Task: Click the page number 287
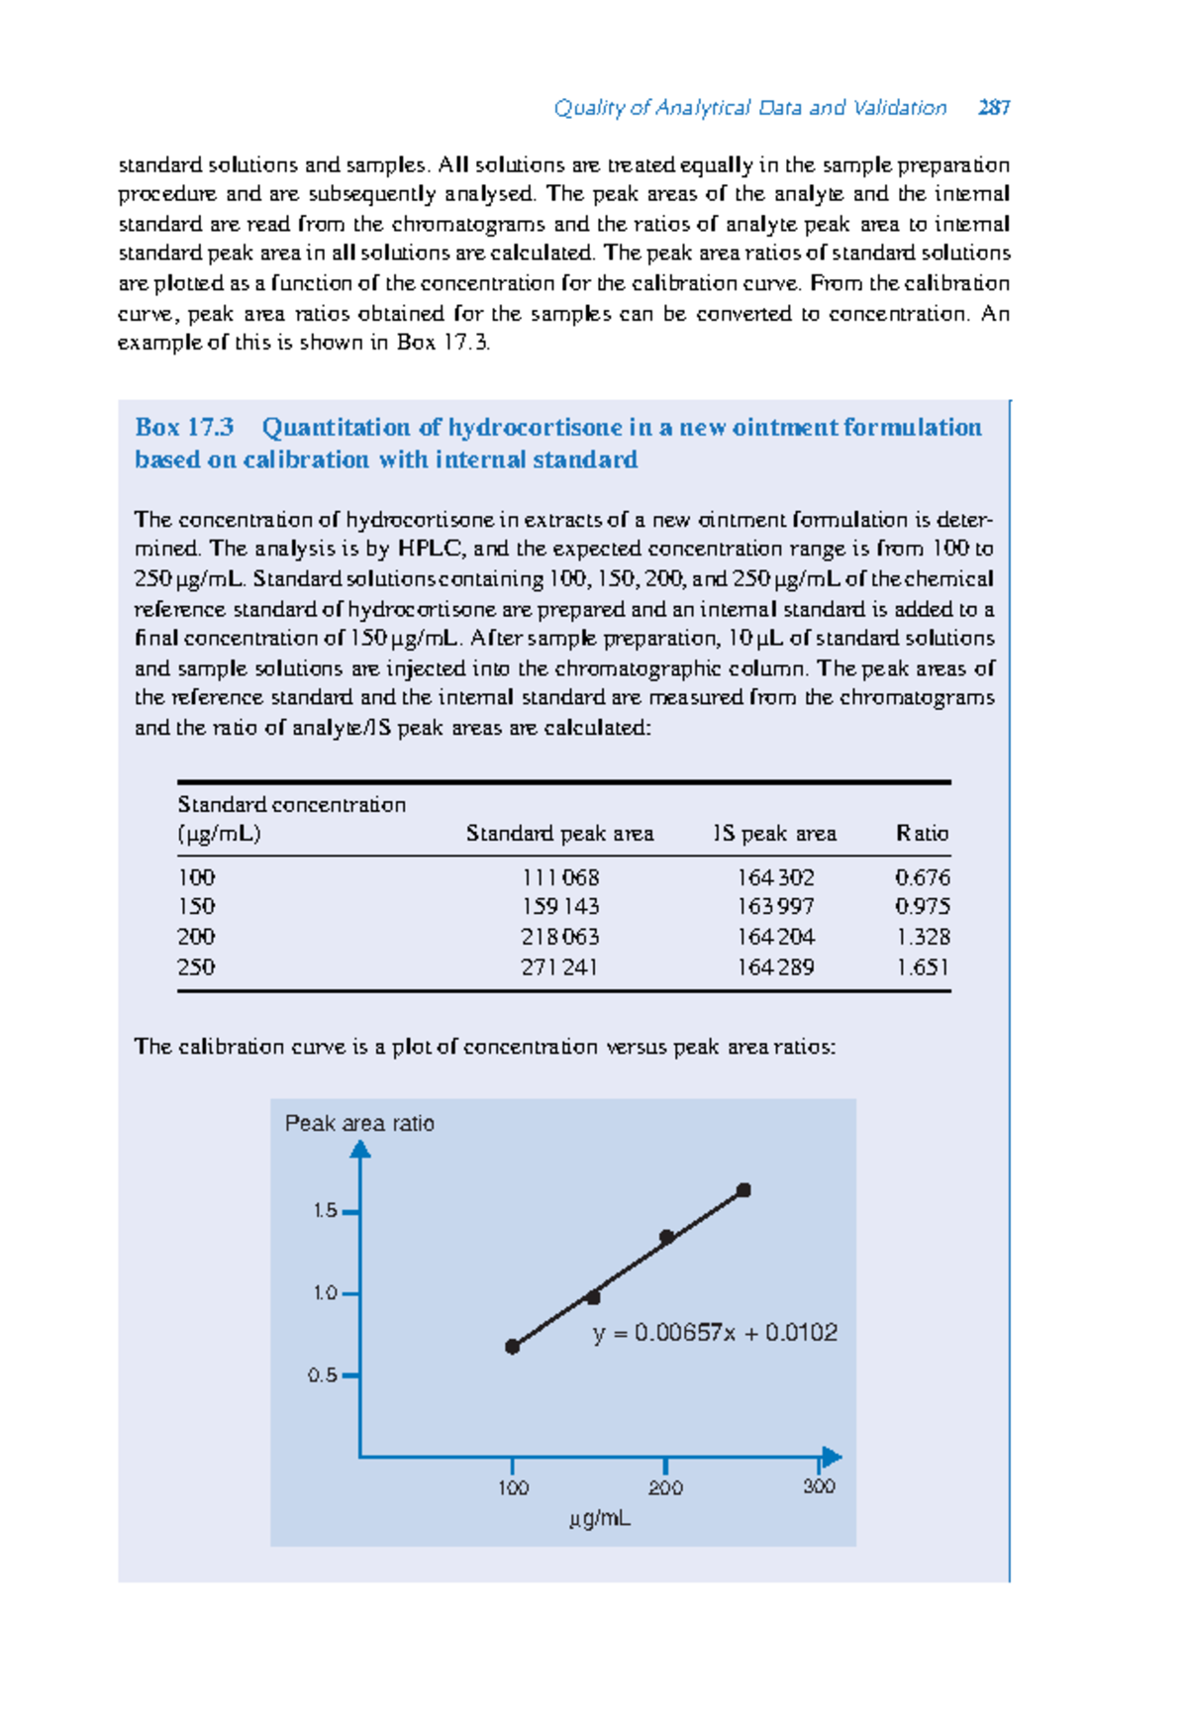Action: tap(993, 107)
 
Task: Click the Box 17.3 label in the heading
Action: tap(184, 428)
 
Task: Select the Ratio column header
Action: tap(922, 834)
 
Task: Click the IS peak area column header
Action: tap(774, 834)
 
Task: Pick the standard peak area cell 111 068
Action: tap(560, 877)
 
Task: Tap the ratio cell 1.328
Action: tap(922, 937)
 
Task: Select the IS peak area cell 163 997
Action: tap(775, 907)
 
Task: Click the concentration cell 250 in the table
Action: tap(196, 966)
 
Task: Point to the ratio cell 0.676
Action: tap(922, 877)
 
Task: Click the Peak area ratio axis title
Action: tap(359, 1123)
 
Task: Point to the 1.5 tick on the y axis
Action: tap(348, 1211)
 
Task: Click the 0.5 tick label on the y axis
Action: tap(322, 1375)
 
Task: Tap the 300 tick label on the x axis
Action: tap(819, 1486)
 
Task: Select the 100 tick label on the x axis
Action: tap(513, 1487)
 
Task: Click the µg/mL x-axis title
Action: tap(600, 1518)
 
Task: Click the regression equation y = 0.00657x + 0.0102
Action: tap(715, 1333)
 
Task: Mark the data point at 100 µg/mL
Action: tap(512, 1347)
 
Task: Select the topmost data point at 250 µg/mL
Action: tap(743, 1190)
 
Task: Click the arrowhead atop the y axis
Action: tap(360, 1149)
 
